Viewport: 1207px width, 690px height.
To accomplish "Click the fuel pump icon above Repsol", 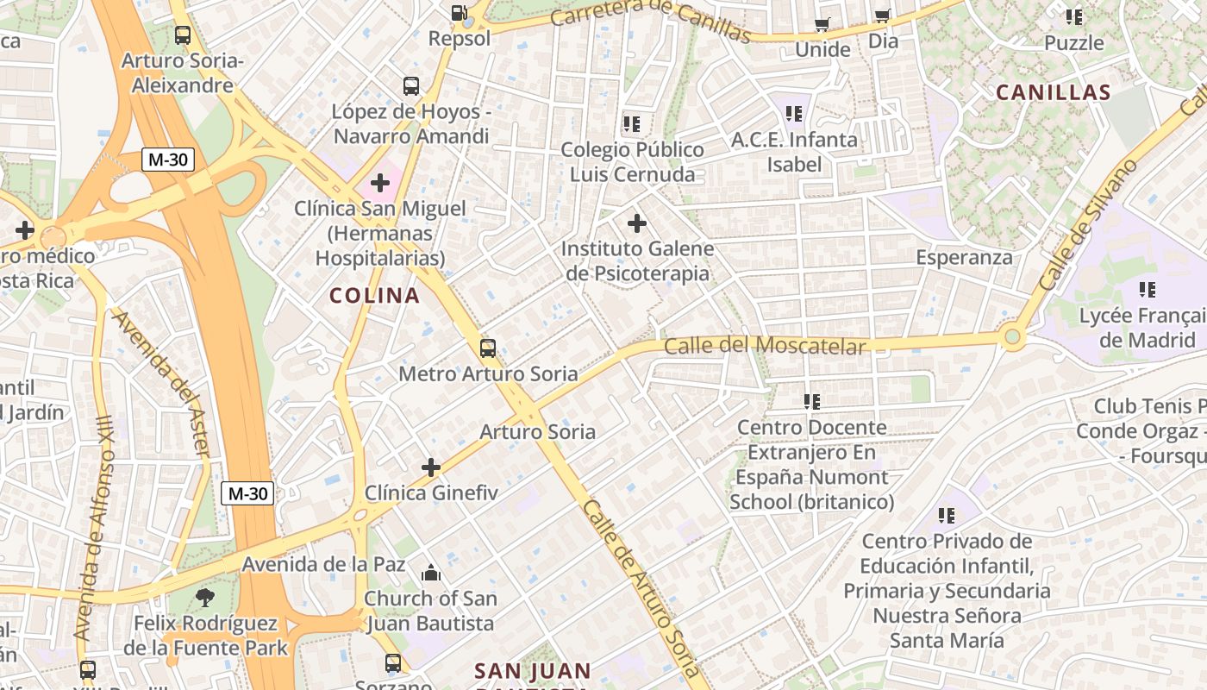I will pos(460,13).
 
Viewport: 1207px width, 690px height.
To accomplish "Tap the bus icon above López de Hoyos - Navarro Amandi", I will pos(411,86).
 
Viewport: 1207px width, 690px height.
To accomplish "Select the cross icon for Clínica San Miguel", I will pos(380,183).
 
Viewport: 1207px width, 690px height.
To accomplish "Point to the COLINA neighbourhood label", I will pos(374,296).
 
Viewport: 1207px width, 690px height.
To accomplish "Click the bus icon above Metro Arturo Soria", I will pos(488,348).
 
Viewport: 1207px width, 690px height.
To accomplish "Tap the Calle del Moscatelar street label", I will pos(765,346).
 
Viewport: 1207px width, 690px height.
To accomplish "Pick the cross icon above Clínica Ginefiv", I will pos(431,467).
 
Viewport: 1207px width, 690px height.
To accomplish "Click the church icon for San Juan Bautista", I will pos(430,573).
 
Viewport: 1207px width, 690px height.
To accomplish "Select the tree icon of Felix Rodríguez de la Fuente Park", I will pos(205,597).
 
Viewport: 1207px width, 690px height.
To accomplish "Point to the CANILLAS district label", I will pos(1053,93).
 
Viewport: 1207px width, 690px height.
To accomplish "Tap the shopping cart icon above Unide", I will pos(822,24).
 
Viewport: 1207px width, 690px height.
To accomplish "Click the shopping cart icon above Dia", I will pos(882,16).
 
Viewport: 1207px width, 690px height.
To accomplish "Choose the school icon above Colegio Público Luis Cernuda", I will pos(632,124).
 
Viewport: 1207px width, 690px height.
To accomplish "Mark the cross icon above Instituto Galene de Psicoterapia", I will pos(637,224).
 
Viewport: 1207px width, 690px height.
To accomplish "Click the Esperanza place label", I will pos(964,257).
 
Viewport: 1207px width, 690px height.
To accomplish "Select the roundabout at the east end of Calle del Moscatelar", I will pos(1012,337).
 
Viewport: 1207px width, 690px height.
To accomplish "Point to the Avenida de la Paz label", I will pos(323,565).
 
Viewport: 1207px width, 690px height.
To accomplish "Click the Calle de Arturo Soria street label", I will pos(640,588).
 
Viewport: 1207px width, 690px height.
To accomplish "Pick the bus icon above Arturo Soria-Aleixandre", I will pos(183,35).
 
